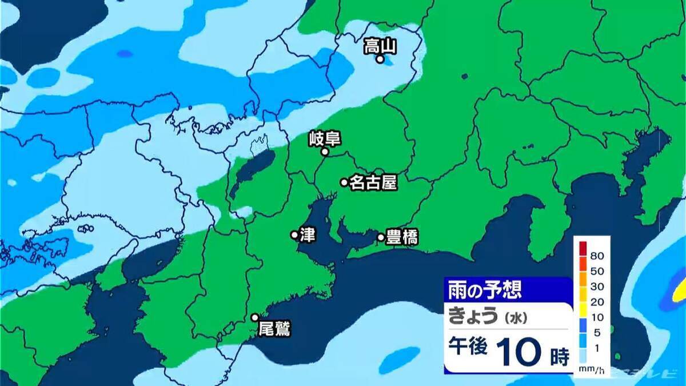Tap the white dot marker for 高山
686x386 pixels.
[x=380, y=58]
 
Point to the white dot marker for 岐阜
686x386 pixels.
[x=324, y=152]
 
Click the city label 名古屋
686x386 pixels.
[x=373, y=182]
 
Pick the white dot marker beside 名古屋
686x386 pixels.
[x=344, y=182]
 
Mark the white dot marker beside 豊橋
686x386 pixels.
[x=381, y=237]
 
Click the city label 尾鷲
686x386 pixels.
[x=274, y=329]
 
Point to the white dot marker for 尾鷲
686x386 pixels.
[x=255, y=317]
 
